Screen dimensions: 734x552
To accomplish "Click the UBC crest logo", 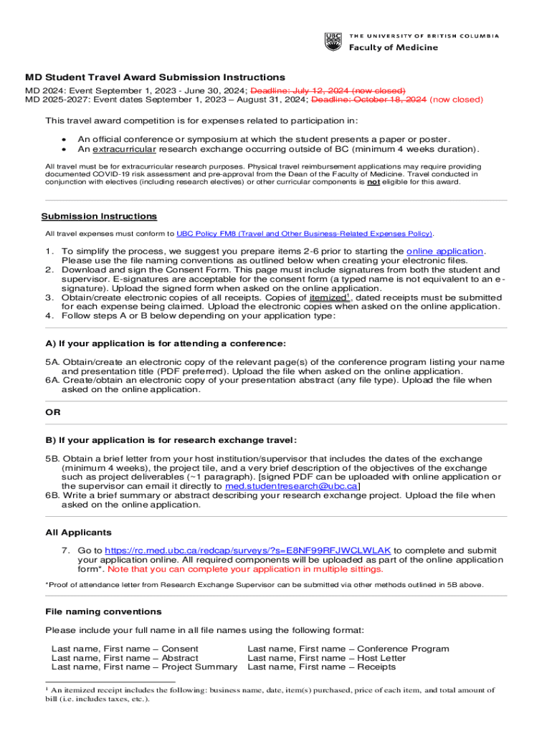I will coord(333,42).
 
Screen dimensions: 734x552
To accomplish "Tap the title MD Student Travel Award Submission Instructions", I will coord(155,77).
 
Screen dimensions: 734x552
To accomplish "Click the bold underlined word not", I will coord(373,182).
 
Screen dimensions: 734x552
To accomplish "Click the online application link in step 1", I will coord(444,252).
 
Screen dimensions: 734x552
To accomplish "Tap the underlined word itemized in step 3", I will coord(329,297).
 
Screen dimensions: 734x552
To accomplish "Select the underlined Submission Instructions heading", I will coord(99,216).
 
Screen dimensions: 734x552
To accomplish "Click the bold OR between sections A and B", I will coord(53,412).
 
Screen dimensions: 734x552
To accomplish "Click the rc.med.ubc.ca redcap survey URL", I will coord(234,550).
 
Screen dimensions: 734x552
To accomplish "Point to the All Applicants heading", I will coord(78,533).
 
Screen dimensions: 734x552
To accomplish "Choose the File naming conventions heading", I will coord(103,611).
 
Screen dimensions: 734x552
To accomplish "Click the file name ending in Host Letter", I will coord(326,658).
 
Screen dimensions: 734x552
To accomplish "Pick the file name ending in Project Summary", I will coord(144,667).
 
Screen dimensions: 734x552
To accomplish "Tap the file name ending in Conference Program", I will coord(348,649).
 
